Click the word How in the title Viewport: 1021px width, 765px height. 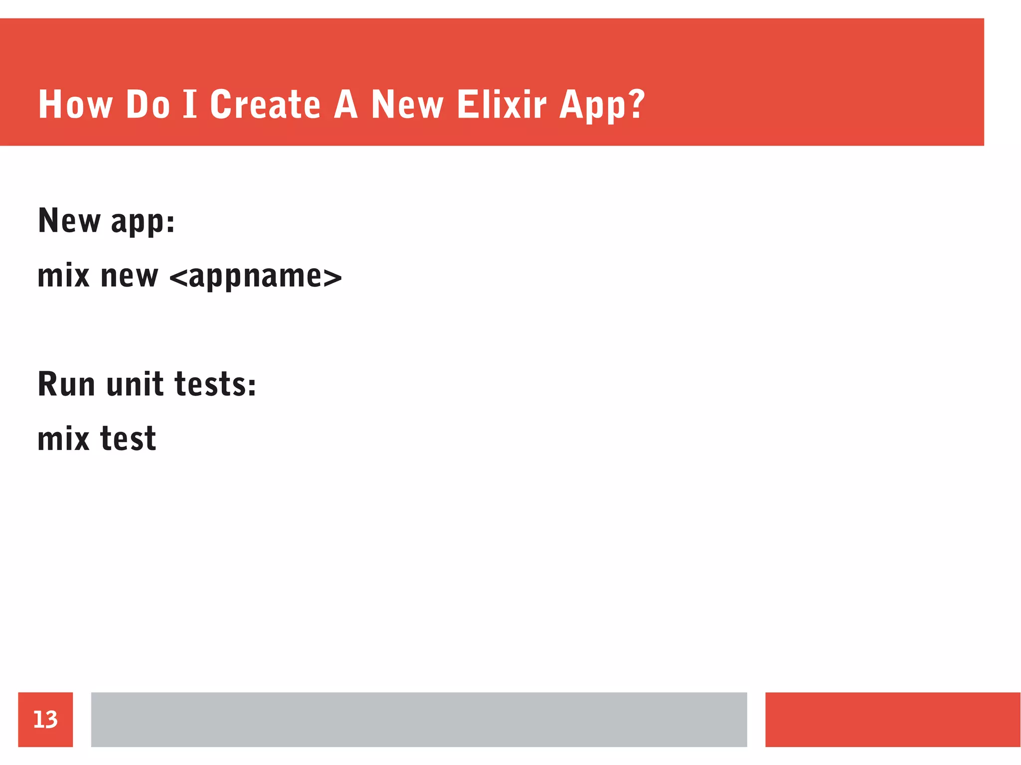click(x=75, y=105)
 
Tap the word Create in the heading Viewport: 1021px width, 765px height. click(x=265, y=105)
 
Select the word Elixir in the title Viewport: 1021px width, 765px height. click(x=502, y=105)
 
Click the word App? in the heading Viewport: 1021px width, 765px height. click(x=602, y=106)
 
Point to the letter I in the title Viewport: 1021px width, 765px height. click(x=190, y=105)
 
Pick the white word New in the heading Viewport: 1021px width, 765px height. click(x=407, y=105)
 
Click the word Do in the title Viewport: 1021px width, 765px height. click(x=148, y=105)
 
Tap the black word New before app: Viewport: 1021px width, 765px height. click(x=69, y=220)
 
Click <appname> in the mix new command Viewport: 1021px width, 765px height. click(x=256, y=277)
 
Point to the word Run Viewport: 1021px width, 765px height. click(x=66, y=384)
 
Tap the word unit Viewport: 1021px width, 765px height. click(x=135, y=384)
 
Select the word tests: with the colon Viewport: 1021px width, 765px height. click(x=215, y=384)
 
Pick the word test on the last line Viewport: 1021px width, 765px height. click(x=128, y=439)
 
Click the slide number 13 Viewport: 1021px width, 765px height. click(x=45, y=719)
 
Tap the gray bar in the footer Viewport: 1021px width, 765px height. click(x=419, y=719)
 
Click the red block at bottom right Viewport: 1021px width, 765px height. click(x=892, y=719)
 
